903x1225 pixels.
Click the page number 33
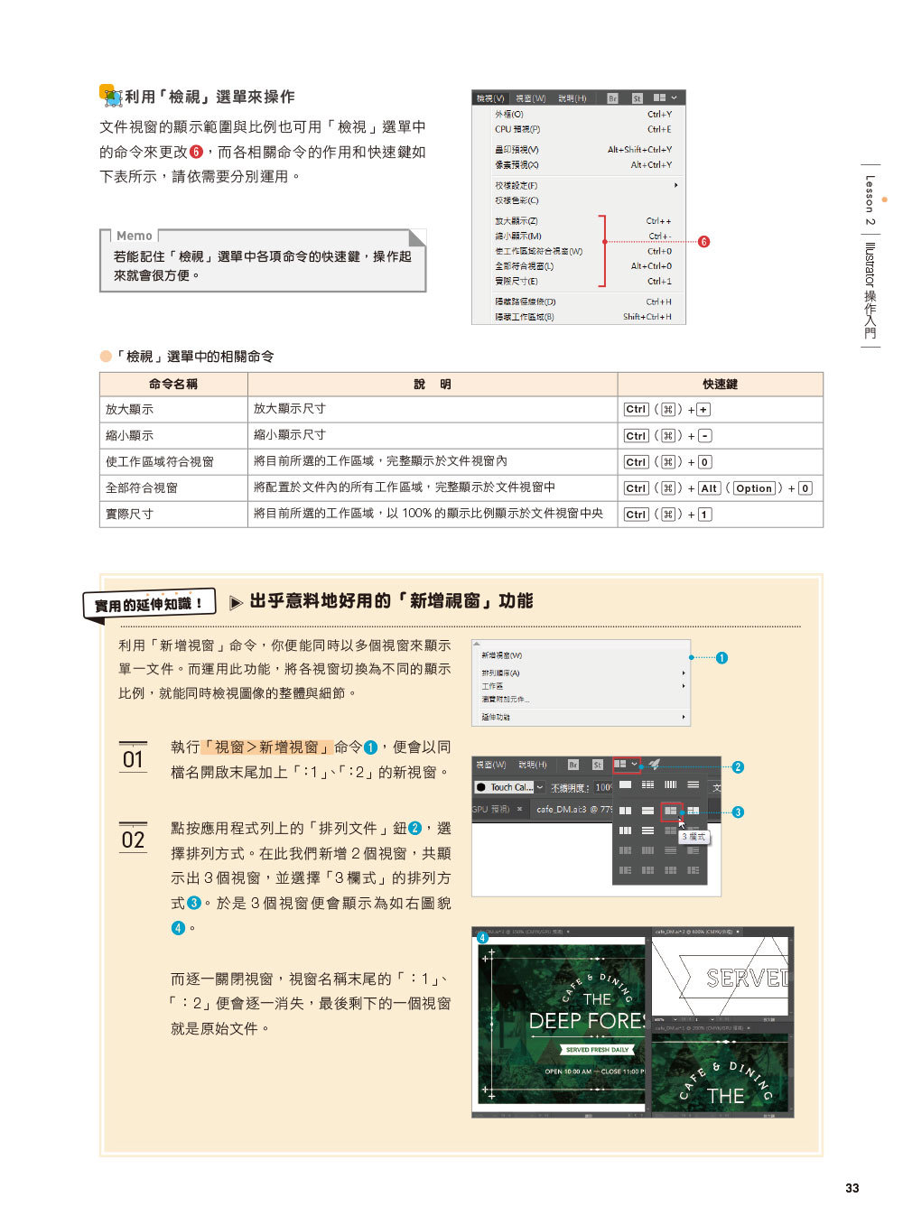[852, 1188]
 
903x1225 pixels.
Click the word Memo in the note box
[134, 236]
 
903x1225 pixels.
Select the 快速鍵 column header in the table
[720, 385]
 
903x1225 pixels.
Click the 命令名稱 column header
[172, 385]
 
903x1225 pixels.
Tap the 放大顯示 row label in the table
[129, 410]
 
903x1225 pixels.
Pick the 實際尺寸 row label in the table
[129, 515]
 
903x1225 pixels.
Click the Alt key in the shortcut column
[709, 488]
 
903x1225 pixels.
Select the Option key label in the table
[753, 488]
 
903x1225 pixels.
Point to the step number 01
[133, 759]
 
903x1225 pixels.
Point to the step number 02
[133, 840]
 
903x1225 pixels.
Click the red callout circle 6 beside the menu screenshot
[703, 242]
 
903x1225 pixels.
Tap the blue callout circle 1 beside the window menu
[721, 658]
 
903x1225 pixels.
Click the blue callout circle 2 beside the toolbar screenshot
[738, 767]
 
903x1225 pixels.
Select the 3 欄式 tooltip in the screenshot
[694, 837]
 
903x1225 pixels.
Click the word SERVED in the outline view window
[746, 979]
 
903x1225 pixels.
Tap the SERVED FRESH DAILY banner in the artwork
[596, 1050]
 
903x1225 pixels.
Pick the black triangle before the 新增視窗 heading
[236, 602]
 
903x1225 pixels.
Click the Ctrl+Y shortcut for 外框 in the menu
[659, 115]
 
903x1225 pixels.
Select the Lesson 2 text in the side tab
[870, 200]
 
